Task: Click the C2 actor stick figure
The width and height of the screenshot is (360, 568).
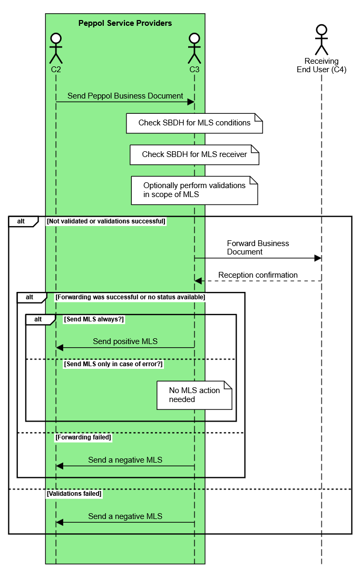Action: pyautogui.click(x=56, y=48)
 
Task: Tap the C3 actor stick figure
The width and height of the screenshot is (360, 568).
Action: pyautogui.click(x=194, y=48)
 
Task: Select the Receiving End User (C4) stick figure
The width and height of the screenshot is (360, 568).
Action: pyautogui.click(x=322, y=40)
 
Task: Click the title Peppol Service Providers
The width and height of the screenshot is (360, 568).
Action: pyautogui.click(x=125, y=23)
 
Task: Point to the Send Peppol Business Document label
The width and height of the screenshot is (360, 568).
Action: pyautogui.click(x=125, y=96)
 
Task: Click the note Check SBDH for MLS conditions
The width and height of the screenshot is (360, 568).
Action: pyautogui.click(x=194, y=123)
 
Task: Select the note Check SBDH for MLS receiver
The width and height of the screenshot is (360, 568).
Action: pyautogui.click(x=194, y=155)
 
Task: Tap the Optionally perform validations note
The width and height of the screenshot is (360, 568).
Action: pyautogui.click(x=194, y=190)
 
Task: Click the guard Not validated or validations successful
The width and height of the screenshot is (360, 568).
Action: pyautogui.click(x=106, y=221)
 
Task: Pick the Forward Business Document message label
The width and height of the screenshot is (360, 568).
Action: pyautogui.click(x=258, y=248)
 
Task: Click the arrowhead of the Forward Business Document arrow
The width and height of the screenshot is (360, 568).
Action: pyautogui.click(x=318, y=258)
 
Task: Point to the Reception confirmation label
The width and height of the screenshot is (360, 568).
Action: pyautogui.click(x=258, y=275)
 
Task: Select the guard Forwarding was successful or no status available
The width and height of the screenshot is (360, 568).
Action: pyautogui.click(x=130, y=297)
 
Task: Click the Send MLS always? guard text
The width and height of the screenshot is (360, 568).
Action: pyautogui.click(x=94, y=319)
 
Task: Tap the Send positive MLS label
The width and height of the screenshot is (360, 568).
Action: pyautogui.click(x=125, y=341)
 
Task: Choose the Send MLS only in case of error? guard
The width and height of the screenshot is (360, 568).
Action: pyautogui.click(x=113, y=364)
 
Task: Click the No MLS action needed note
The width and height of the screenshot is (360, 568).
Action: pyautogui.click(x=194, y=395)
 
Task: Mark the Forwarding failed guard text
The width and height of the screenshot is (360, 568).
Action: pyautogui.click(x=83, y=437)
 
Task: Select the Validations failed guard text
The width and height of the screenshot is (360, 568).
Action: pyautogui.click(x=74, y=494)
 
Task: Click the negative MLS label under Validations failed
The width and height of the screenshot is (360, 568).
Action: pyautogui.click(x=125, y=516)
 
